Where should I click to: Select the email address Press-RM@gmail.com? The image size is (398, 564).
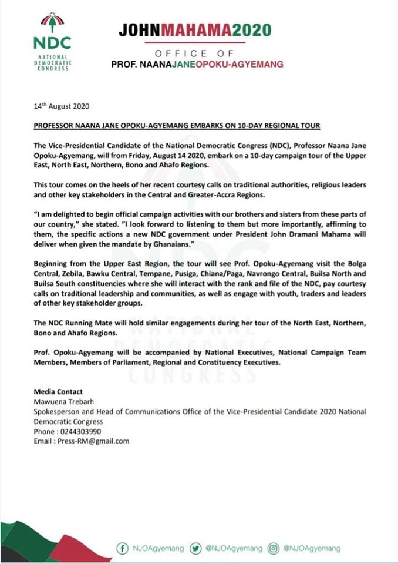point(81,441)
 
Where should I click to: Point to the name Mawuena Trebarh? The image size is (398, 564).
point(59,402)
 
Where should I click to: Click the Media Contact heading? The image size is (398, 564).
point(58,392)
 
